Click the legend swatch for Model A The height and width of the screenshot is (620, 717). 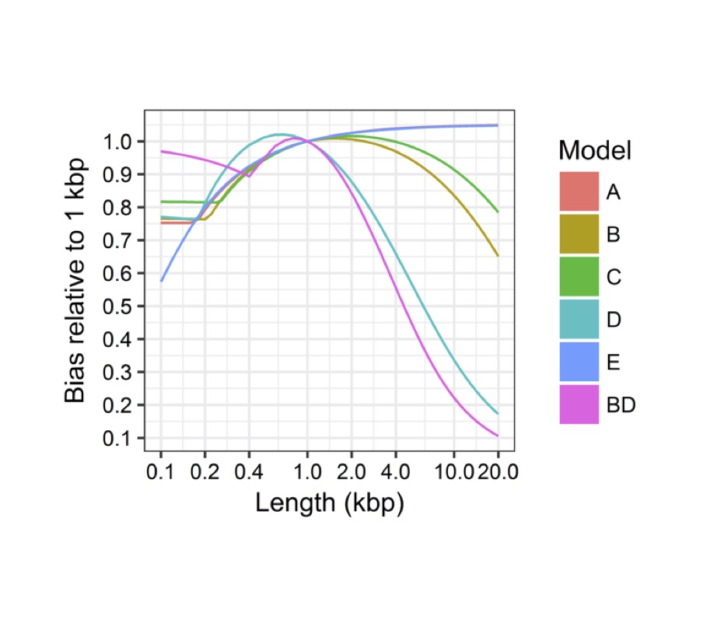tap(579, 191)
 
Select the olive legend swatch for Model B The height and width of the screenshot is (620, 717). tap(579, 233)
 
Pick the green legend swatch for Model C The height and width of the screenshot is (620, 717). tap(579, 276)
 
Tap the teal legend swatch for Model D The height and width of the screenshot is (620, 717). tap(579, 319)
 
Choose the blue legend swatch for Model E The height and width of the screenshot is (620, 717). tap(579, 362)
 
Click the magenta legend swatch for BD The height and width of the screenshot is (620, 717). tap(579, 404)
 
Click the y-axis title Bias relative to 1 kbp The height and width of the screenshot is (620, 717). tap(75, 281)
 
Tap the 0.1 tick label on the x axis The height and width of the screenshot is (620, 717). tap(161, 472)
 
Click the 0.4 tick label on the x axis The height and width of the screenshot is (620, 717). tap(250, 472)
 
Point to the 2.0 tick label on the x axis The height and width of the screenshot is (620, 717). tap(352, 472)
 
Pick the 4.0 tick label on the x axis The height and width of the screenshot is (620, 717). tap(396, 472)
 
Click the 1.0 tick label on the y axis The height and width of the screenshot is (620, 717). tap(119, 142)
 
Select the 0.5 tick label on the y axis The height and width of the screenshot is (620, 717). tap(119, 306)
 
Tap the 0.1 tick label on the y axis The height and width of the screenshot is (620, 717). tap(119, 439)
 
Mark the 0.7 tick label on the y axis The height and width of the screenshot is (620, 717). tap(119, 241)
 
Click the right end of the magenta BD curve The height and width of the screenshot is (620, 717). tap(498, 436)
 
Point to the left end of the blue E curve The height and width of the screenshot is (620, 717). tap(161, 281)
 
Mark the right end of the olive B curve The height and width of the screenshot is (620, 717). tap(498, 256)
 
